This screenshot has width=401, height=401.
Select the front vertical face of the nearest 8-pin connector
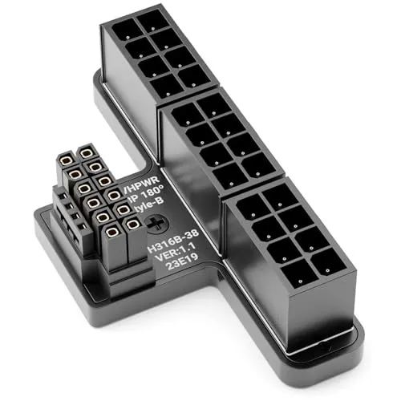(x=321, y=313)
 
